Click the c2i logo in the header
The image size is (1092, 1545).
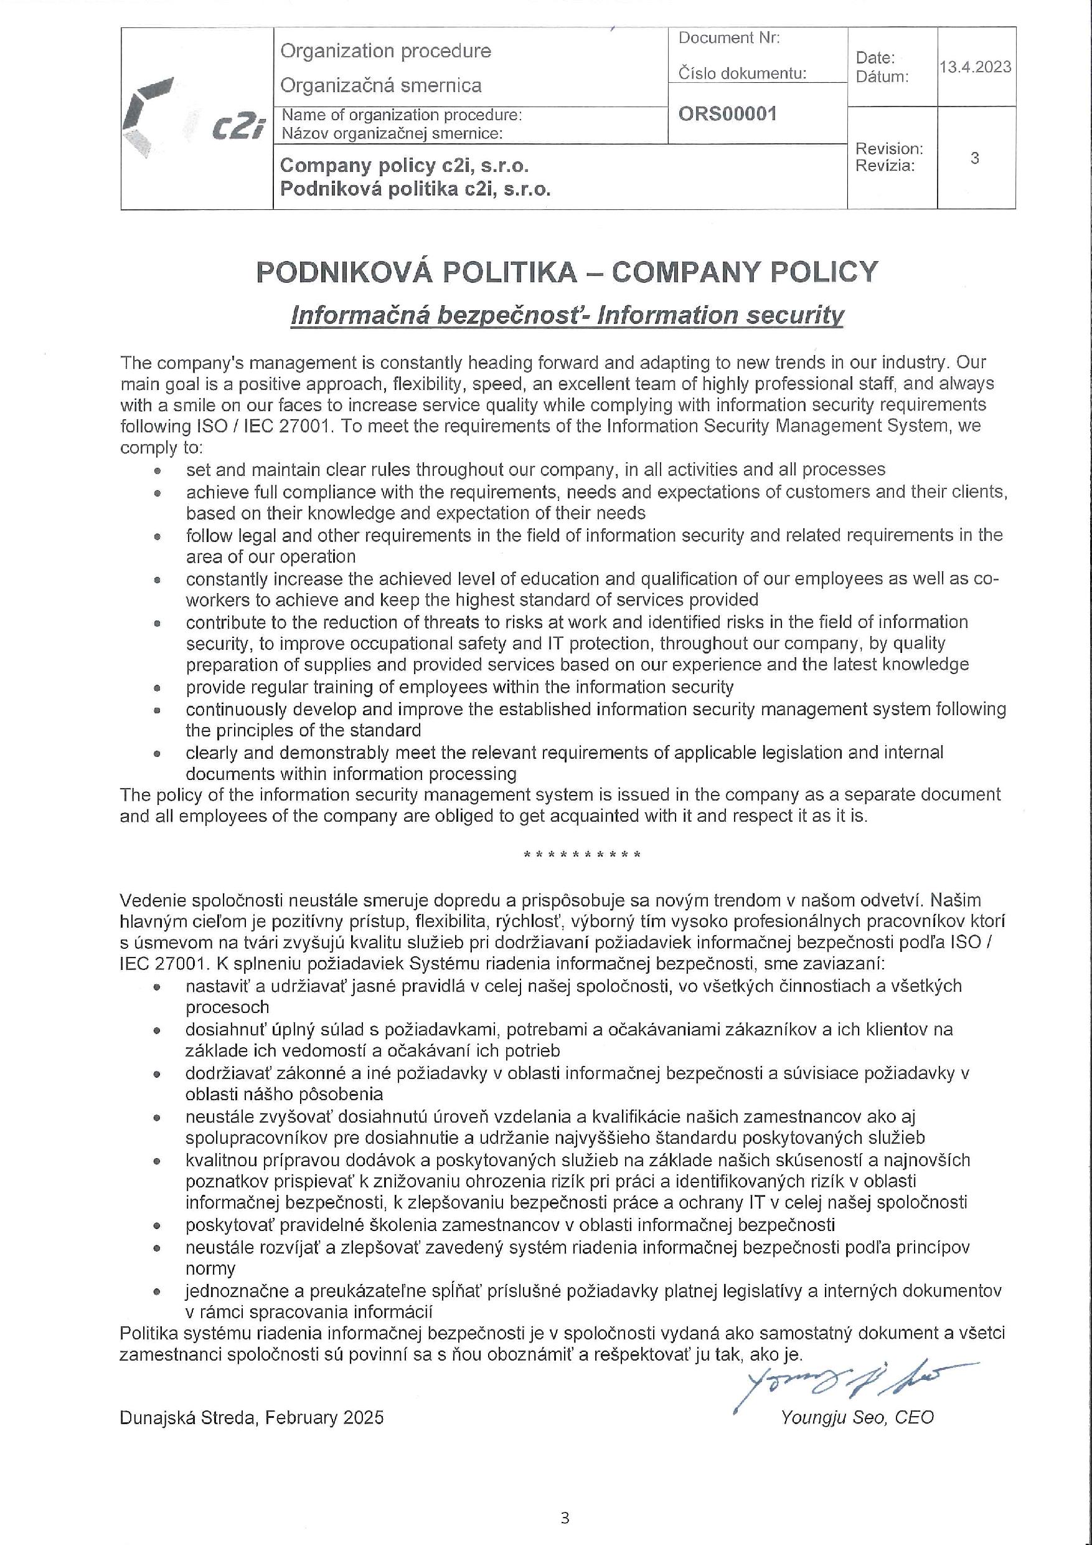point(195,117)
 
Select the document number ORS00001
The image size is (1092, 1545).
point(727,114)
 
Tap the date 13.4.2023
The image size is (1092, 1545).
point(975,67)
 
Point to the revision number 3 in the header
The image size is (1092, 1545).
point(974,158)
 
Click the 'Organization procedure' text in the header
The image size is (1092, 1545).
point(385,51)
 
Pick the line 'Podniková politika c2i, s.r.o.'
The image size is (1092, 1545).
point(415,189)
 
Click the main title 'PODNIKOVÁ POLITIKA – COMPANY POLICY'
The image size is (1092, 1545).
point(567,272)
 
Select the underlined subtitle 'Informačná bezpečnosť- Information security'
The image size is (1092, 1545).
point(567,315)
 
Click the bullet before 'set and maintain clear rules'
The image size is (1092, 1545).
point(158,470)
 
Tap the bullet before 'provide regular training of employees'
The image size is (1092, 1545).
point(158,688)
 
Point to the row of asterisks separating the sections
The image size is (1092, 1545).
point(581,855)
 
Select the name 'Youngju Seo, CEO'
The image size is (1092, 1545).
point(857,1417)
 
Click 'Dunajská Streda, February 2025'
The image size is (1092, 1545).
point(252,1418)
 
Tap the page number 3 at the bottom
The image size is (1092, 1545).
point(565,1518)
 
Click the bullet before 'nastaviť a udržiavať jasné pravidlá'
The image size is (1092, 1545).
point(158,987)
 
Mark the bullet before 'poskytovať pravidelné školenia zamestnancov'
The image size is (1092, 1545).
point(158,1226)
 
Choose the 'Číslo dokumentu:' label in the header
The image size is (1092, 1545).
point(741,74)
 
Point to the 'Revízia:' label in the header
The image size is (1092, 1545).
point(885,166)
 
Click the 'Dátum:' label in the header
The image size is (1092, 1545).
point(882,77)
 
